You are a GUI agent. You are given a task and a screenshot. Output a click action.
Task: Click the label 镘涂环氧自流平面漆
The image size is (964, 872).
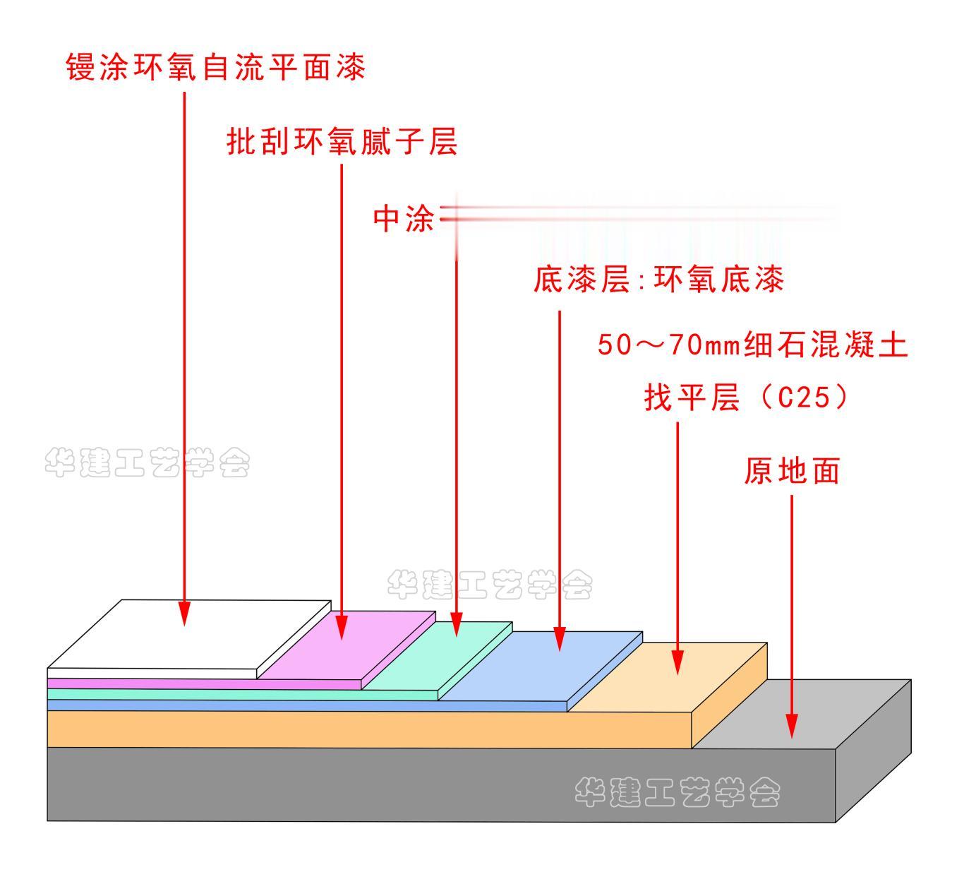216,68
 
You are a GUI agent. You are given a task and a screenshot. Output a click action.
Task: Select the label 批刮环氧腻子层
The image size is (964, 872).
342,141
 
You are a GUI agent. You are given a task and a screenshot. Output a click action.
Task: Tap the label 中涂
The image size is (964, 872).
404,219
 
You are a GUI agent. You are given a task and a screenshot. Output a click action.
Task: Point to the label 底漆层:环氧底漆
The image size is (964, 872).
658,280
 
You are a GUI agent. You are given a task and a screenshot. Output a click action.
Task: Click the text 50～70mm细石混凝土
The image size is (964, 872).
752,346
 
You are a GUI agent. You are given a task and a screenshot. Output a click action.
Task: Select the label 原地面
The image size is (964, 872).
792,471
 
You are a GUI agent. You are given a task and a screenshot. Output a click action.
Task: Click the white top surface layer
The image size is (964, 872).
191,635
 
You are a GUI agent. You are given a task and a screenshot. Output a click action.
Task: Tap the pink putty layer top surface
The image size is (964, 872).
346,646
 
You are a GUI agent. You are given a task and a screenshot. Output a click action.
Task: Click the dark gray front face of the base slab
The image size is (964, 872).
353,784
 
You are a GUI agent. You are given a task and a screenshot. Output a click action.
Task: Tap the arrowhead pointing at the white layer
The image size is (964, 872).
185,614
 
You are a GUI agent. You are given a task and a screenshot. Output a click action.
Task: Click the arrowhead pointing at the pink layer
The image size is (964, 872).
342,628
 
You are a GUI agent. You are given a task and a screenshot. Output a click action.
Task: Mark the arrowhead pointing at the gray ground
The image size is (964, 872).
792,727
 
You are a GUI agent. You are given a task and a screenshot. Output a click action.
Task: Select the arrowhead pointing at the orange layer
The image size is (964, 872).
677,663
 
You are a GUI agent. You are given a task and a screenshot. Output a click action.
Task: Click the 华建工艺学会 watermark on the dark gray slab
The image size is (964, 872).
677,793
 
